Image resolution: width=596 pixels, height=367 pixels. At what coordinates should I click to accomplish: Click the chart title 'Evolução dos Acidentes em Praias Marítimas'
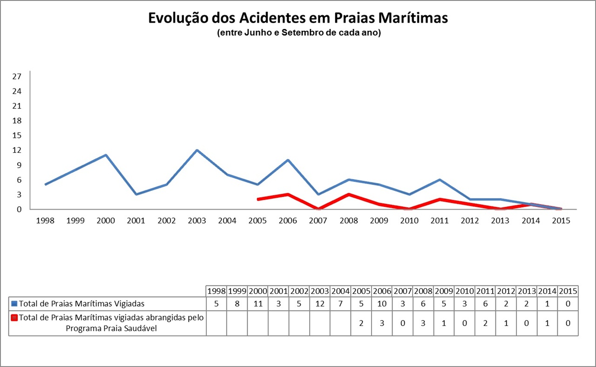coord(298,18)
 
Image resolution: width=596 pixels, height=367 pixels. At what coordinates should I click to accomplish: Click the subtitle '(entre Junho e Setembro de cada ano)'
coord(298,34)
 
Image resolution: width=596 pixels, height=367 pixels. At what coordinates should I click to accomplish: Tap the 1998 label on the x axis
coord(45,221)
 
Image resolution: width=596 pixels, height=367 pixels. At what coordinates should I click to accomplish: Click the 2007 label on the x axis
coord(318,221)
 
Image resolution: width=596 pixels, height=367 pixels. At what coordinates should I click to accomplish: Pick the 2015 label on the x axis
coord(561,221)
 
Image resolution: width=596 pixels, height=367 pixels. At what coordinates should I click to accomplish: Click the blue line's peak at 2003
coord(197,150)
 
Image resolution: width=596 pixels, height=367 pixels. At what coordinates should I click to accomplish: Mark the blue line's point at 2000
coord(106,155)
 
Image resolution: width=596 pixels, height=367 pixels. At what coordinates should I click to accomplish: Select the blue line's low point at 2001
coord(136,194)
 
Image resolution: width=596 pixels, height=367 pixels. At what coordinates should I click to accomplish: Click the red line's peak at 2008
coord(349,194)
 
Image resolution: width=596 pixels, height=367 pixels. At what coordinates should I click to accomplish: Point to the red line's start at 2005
coord(257,199)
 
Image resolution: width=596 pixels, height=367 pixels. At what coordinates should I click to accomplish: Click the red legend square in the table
coord(14,318)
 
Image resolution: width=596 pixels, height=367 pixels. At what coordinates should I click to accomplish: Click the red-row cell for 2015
coord(568,323)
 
